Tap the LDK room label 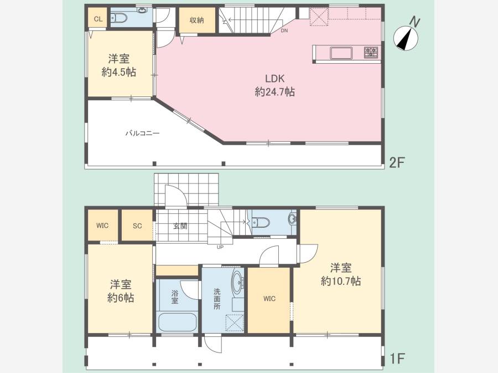pyautogui.click(x=274, y=78)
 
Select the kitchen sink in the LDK pyautogui.click(x=341, y=53)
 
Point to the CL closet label pyautogui.click(x=98, y=19)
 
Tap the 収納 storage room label pyautogui.click(x=196, y=21)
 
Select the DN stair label pyautogui.click(x=284, y=31)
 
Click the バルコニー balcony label pyautogui.click(x=142, y=133)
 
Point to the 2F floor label pyautogui.click(x=397, y=163)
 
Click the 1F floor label pyautogui.click(x=397, y=359)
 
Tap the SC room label pyautogui.click(x=137, y=226)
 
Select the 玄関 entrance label pyautogui.click(x=180, y=226)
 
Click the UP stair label pyautogui.click(x=220, y=247)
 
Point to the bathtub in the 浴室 pyautogui.click(x=177, y=323)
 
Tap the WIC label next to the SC pyautogui.click(x=102, y=226)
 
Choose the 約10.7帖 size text pyautogui.click(x=340, y=282)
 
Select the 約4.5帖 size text pyautogui.click(x=119, y=72)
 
